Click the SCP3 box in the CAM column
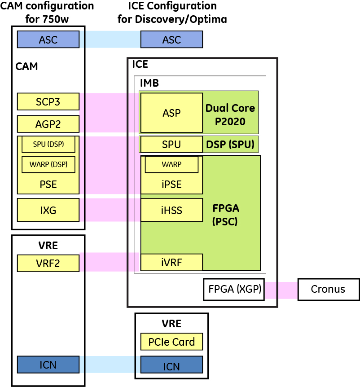coord(48,101)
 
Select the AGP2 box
coord(48,124)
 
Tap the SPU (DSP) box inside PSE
coord(48,144)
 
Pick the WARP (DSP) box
coord(48,164)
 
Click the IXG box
coord(48,210)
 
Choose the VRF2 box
coord(48,263)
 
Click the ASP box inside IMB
coord(171,113)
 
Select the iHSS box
coord(171,210)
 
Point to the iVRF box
coord(171,262)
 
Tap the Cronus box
coord(328,289)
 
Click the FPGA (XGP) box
coord(234,289)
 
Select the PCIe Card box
coord(171,342)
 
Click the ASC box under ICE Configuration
coord(171,39)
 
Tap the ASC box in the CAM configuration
coord(48,39)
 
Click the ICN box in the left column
coord(48,365)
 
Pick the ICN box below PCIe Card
coord(171,366)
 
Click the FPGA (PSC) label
coord(226,215)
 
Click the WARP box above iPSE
coord(171,165)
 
